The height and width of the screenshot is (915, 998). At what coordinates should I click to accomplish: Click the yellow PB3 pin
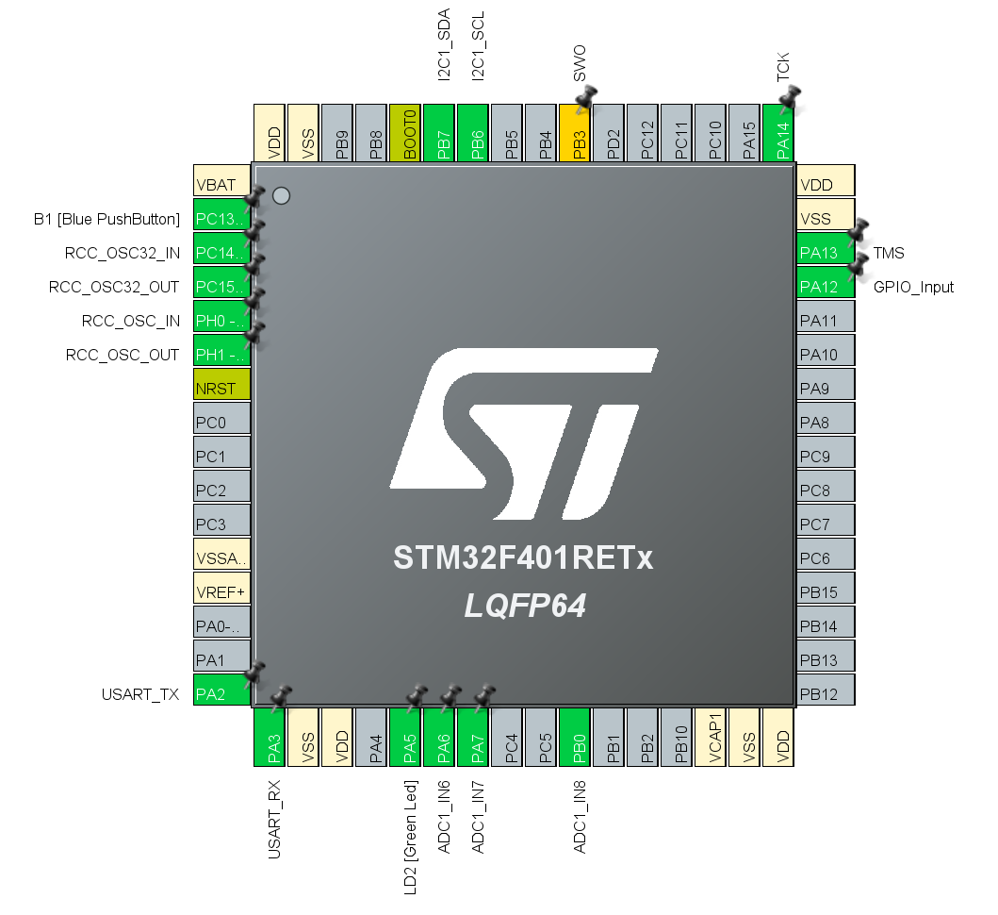coord(575,133)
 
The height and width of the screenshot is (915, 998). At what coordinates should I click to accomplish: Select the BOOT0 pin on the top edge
coord(405,133)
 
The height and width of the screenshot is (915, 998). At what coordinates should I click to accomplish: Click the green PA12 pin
coord(826,287)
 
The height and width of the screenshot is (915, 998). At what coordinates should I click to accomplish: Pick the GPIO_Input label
coord(913,287)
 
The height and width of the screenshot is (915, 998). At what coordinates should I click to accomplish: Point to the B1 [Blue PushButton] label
coord(106,219)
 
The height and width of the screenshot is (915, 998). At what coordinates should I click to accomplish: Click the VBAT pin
coord(221,184)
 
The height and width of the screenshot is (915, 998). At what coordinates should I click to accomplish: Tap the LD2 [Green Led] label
coord(410,834)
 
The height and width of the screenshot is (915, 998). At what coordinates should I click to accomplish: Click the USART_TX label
coord(140,695)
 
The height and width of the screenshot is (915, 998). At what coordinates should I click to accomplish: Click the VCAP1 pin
coord(714,737)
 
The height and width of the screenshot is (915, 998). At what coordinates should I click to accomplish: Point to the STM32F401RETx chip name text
coord(523,557)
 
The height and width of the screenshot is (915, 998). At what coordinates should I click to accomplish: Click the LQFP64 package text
coord(525,606)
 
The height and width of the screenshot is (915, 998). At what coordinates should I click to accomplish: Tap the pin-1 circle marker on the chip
coord(281,196)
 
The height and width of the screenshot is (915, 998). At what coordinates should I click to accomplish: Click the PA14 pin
coord(778,133)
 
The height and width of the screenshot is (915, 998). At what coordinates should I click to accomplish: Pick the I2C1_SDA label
coord(444,44)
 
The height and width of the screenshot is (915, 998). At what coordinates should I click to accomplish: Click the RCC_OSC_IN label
coord(131,321)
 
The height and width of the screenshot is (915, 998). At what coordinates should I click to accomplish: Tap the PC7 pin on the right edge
coord(826,524)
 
